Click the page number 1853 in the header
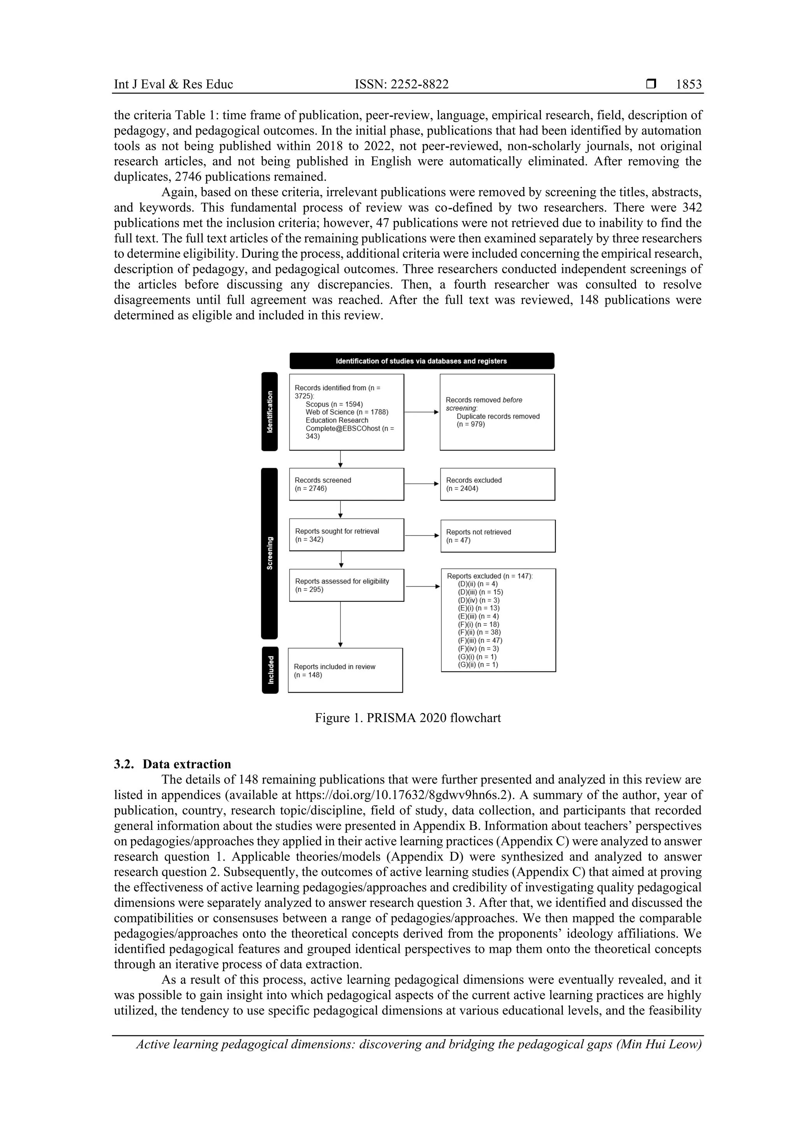pyautogui.click(x=688, y=84)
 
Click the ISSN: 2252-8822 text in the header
pyautogui.click(x=401, y=84)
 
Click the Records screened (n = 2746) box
pyautogui.click(x=346, y=484)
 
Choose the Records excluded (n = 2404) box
pyautogui.click(x=497, y=484)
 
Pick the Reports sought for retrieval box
pyautogui.click(x=346, y=535)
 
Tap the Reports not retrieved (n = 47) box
pyautogui.click(x=497, y=536)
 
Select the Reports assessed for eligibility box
pyautogui.click(x=346, y=585)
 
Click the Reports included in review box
pyautogui.click(x=345, y=671)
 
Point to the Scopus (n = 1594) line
pyautogui.click(x=334, y=404)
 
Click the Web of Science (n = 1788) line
pyautogui.click(x=347, y=412)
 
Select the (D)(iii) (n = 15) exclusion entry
pyautogui.click(x=480, y=592)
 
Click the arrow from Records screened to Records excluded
pyautogui.click(x=422, y=484)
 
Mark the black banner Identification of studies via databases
pyautogui.click(x=421, y=361)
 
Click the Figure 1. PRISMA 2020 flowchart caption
pyautogui.click(x=407, y=718)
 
